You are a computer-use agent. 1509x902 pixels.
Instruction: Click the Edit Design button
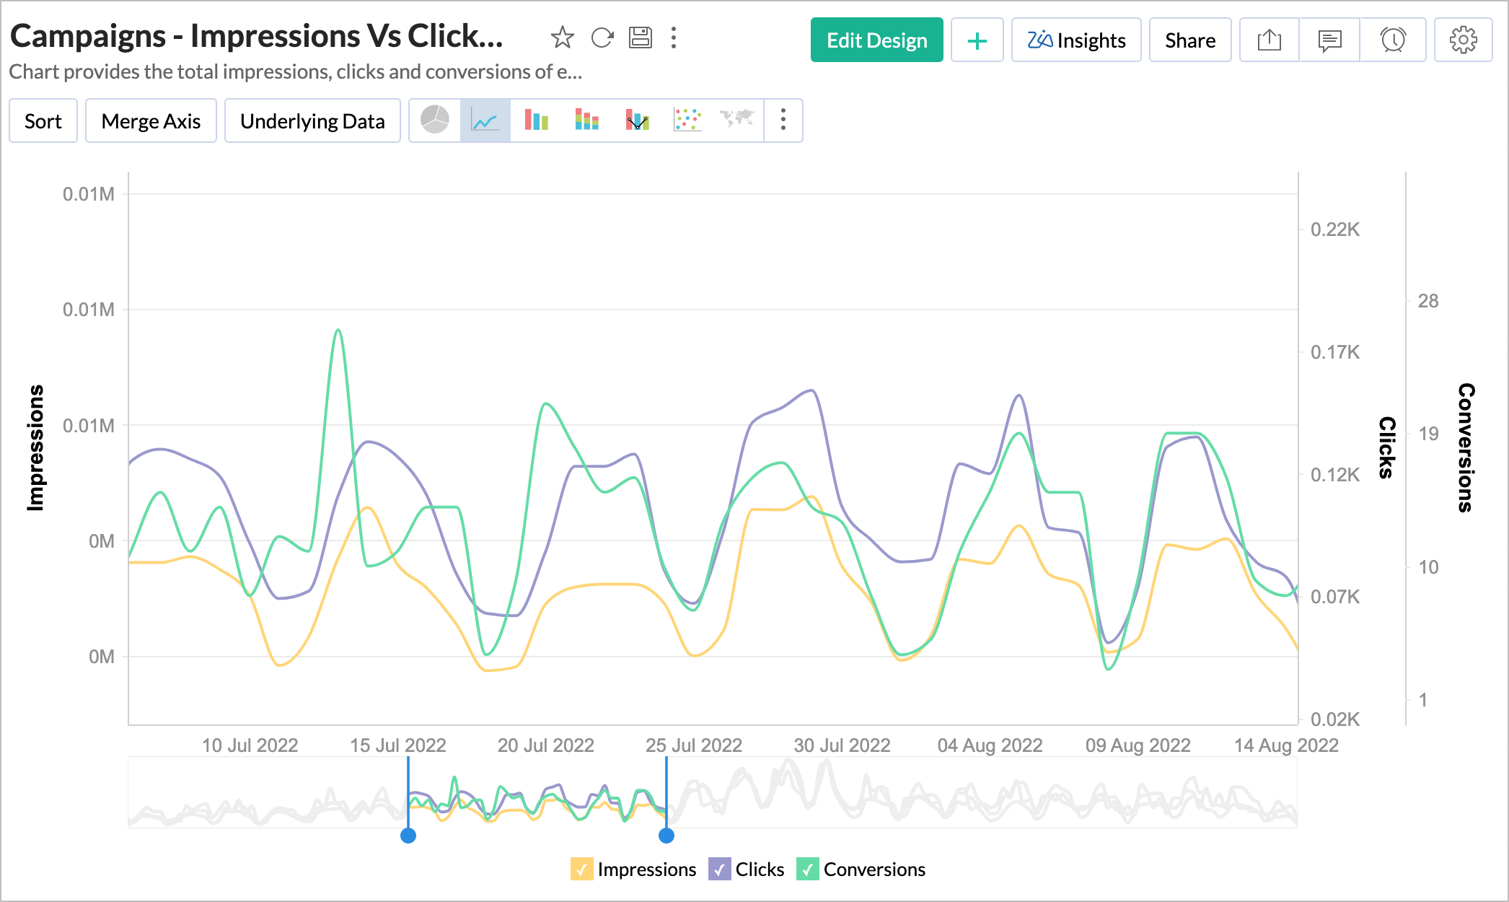tap(876, 40)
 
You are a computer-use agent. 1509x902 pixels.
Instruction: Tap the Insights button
tap(1076, 40)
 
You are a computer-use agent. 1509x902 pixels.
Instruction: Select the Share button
tap(1189, 40)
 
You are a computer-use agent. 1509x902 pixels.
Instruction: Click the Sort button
tap(43, 121)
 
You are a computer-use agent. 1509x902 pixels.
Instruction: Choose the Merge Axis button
tap(151, 121)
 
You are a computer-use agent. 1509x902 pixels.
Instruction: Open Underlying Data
tap(312, 121)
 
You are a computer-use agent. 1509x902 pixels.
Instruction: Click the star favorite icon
tap(562, 38)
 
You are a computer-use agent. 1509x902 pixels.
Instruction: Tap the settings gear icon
tap(1463, 40)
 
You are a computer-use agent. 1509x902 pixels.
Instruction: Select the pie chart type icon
tap(435, 120)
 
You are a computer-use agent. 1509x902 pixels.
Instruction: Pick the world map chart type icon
tap(737, 120)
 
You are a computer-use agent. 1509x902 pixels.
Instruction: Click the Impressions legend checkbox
tap(581, 870)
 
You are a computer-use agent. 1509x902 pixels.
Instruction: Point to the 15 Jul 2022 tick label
tap(398, 745)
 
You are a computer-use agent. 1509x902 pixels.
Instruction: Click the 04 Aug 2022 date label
tap(990, 745)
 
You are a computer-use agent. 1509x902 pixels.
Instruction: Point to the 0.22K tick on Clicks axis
tap(1335, 229)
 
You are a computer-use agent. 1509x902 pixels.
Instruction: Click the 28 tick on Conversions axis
tap(1427, 301)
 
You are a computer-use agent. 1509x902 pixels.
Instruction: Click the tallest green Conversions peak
tap(338, 331)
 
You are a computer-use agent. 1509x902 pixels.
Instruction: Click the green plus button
tap(977, 40)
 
